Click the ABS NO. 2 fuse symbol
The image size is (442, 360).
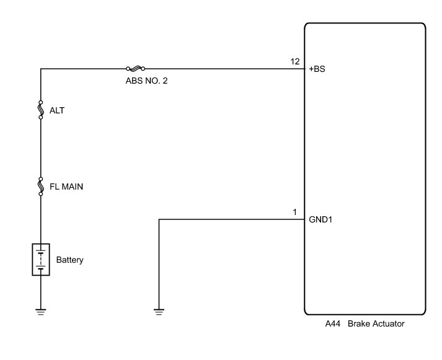coord(135,69)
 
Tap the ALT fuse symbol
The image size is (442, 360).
coord(41,110)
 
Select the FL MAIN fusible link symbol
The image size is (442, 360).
coord(41,185)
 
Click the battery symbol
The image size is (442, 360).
coord(41,260)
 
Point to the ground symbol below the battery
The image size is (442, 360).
coord(41,311)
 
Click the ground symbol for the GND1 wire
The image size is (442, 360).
coord(159,311)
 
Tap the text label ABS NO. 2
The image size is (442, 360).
coord(146,81)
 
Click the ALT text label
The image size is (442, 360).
coord(57,111)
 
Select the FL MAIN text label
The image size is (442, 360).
coord(66,185)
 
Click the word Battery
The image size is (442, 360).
coord(69,260)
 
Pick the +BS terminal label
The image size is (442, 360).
coord(317,69)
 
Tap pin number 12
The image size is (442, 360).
coord(295,61)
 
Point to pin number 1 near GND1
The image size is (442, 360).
coord(295,212)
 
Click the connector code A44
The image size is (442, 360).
coord(333,324)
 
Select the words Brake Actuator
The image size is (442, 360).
coord(377,324)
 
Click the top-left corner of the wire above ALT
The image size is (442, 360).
coord(41,69)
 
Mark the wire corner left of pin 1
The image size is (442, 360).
coord(159,219)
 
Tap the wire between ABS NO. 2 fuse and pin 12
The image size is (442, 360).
coord(223,69)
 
